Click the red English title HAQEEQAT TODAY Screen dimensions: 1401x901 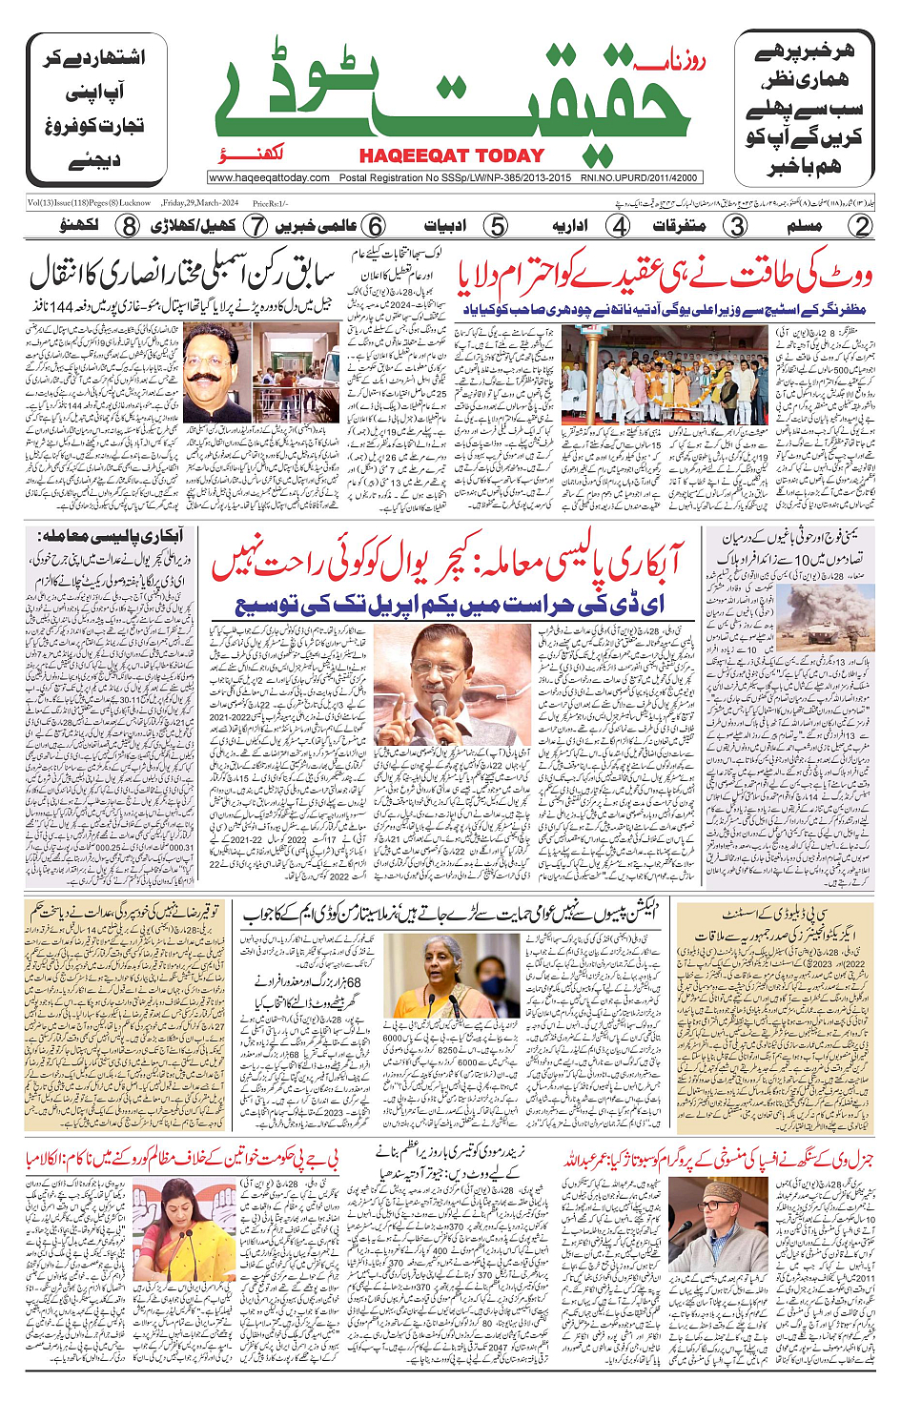click(451, 155)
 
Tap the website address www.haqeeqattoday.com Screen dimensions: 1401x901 click(270, 177)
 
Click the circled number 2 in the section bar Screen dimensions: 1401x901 click(861, 226)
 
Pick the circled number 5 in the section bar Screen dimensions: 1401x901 click(496, 226)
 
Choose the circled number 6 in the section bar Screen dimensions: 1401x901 click(375, 226)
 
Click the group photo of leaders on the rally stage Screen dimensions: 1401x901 click(664, 375)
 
